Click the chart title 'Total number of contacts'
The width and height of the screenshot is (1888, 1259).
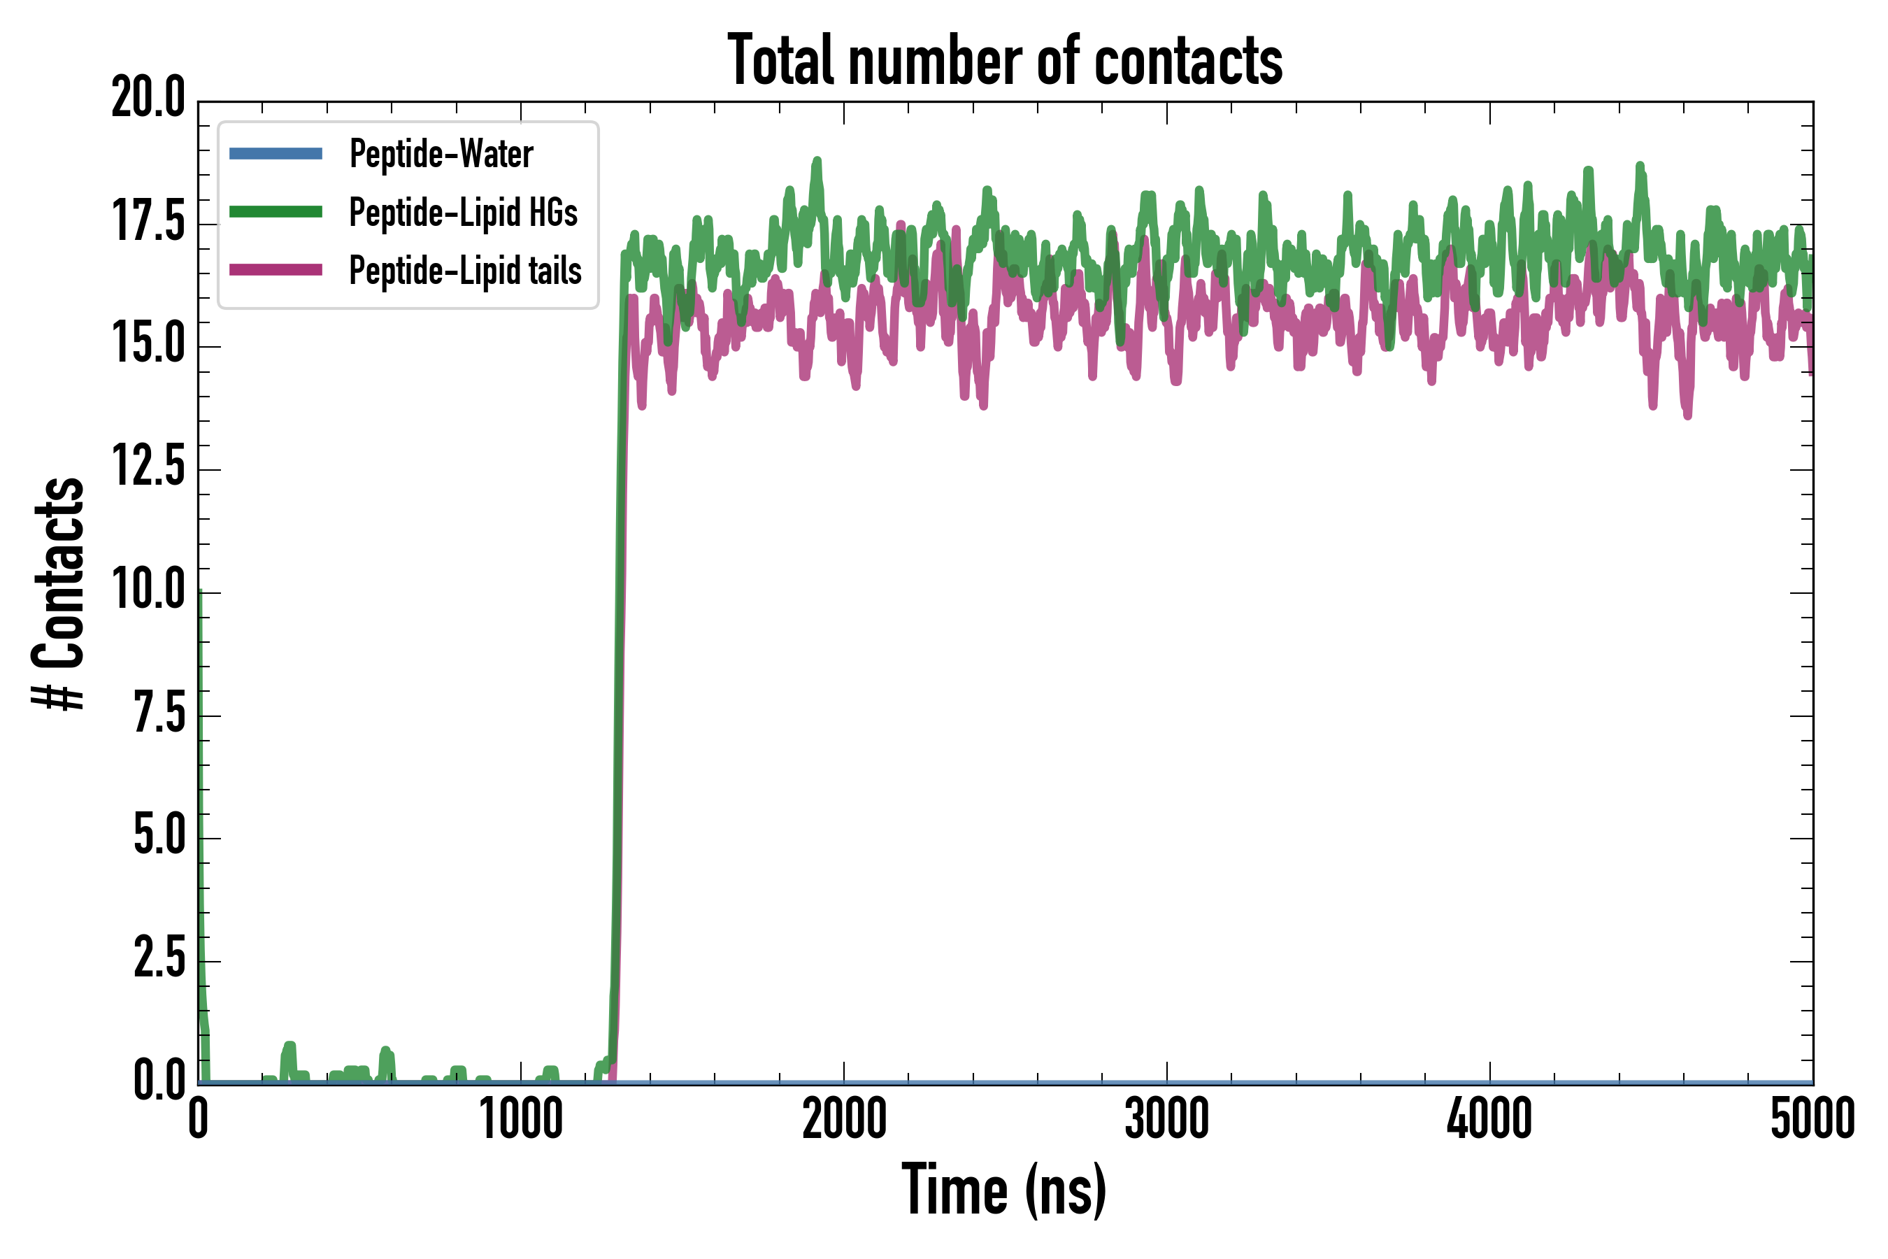pos(1005,61)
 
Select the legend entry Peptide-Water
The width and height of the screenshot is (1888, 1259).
pos(441,153)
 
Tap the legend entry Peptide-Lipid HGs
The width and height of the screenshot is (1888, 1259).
pos(463,213)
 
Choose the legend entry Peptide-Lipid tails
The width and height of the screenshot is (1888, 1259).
pos(465,271)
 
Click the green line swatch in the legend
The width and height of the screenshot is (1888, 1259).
pos(276,212)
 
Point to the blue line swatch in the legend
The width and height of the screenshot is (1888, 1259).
pos(276,153)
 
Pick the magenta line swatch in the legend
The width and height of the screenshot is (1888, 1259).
pos(276,270)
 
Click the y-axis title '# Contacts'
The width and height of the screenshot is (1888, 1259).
pos(59,593)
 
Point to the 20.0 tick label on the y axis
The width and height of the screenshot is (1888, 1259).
pos(148,99)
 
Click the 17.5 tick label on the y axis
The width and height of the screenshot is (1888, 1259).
pos(148,222)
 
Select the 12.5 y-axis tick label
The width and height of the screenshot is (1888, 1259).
pos(148,468)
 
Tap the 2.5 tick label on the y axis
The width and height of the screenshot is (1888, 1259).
pos(159,959)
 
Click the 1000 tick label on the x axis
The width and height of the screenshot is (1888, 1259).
pos(521,1119)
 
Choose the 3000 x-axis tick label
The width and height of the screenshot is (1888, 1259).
pos(1166,1119)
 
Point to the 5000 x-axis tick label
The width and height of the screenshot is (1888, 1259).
pos(1812,1119)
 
